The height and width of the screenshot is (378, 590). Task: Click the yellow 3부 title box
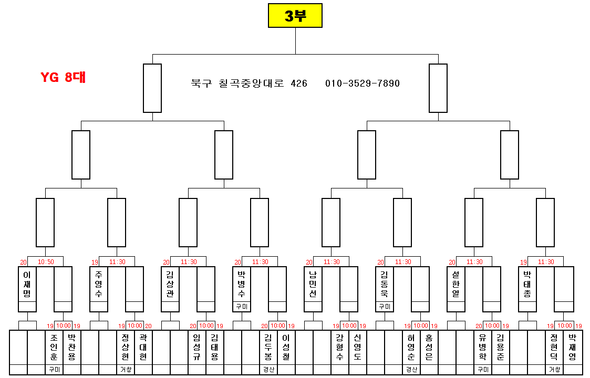point(295,16)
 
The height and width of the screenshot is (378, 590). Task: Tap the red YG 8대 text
point(63,78)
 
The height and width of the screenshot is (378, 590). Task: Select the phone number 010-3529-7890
point(363,83)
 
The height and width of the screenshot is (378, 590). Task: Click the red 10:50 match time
point(45,261)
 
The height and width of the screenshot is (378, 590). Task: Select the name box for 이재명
point(27,284)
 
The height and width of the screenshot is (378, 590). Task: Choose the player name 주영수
point(99,284)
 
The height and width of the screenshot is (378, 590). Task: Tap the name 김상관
point(170,284)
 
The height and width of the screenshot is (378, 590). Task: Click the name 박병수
point(242,284)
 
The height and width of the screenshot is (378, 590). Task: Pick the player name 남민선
point(313,284)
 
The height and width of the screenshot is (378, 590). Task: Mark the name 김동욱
point(385,284)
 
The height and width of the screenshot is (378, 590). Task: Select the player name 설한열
point(456,284)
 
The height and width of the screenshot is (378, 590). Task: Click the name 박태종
point(527,284)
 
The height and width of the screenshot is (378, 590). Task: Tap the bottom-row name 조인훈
point(54,347)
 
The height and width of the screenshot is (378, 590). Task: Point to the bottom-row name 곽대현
point(143,347)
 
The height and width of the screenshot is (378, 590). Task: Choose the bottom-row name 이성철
point(286,347)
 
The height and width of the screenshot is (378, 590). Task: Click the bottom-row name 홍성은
point(429,347)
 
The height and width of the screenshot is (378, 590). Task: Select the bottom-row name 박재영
point(572,347)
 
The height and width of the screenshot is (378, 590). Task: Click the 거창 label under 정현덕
point(554,370)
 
